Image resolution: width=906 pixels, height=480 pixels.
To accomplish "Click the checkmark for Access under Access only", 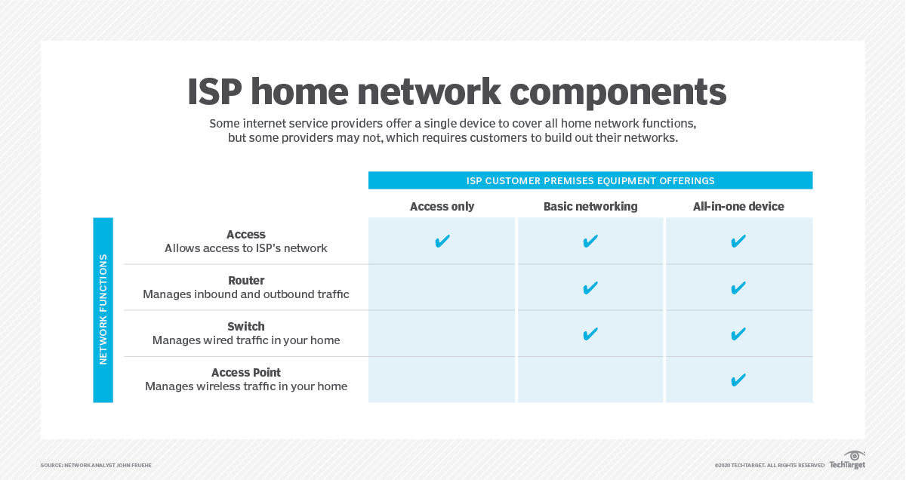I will point(442,242).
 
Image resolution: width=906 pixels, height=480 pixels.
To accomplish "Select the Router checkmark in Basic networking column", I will point(590,288).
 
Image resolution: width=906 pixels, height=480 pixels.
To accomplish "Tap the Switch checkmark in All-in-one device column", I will point(738,334).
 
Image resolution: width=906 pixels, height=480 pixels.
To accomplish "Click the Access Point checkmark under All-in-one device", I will point(738,380).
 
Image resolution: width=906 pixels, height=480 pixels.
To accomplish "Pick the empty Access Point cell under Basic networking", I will point(590,380).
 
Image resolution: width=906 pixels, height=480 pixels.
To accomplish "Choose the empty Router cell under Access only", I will point(442,288).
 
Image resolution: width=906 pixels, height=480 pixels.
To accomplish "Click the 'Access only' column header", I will point(442,206).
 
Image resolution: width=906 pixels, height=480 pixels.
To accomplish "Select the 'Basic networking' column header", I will point(590,206).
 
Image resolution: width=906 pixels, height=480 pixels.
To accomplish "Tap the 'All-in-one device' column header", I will point(738,206).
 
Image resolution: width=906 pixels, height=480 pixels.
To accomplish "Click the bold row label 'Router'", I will point(246,281).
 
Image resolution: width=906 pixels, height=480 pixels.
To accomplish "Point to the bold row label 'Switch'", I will point(246,327).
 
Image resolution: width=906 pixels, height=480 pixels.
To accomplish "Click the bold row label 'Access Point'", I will point(246,373).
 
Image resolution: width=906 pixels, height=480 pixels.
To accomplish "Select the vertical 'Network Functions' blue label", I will point(103,310).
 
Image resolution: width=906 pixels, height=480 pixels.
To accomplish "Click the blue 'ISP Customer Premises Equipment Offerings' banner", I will point(590,180).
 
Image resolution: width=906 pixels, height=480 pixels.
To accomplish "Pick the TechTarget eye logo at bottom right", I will point(853,457).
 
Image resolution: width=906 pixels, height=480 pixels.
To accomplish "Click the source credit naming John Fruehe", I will point(96,465).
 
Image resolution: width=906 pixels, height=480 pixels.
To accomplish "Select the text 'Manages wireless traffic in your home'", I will point(246,386).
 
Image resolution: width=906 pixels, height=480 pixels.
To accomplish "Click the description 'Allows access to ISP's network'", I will point(246,248).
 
